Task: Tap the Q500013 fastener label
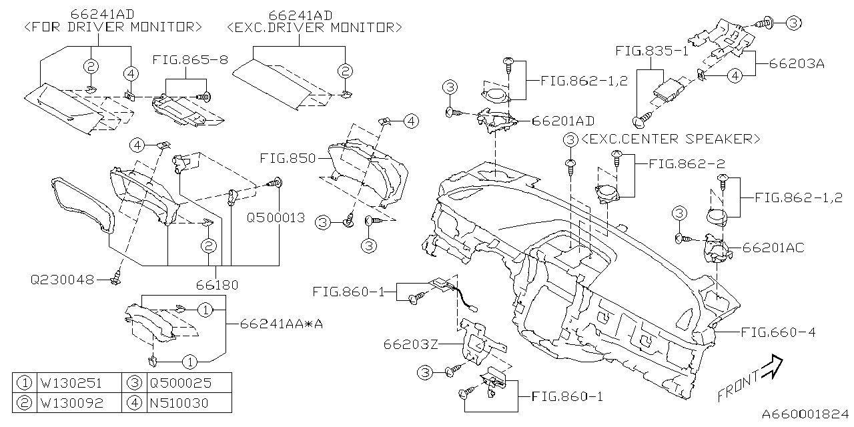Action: [276, 218]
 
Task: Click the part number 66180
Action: [217, 285]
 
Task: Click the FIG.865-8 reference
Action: [190, 59]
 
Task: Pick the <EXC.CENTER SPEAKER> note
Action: [670, 139]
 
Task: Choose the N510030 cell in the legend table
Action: [179, 402]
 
